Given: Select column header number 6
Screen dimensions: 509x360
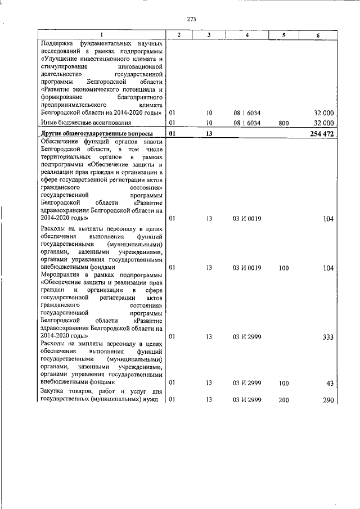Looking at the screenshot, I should point(318,35).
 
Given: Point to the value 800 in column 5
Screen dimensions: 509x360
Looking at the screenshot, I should point(283,123).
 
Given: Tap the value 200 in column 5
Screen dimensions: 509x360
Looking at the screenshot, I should point(283,399).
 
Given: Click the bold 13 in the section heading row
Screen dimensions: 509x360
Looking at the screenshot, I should point(208,133).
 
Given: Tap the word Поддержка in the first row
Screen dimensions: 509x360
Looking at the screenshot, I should point(58,43).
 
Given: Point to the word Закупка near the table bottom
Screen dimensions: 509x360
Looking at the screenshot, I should point(55,391).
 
